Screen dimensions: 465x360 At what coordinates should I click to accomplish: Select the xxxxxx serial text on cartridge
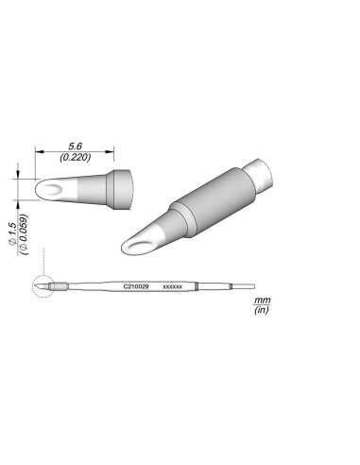click(173, 284)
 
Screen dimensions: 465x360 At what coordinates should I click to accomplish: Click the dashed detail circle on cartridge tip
click(43, 284)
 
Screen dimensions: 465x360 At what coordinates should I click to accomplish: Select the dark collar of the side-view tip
click(121, 188)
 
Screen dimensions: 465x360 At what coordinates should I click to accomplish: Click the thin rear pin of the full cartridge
click(244, 284)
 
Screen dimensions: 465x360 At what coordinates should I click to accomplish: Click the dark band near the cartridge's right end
click(197, 284)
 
